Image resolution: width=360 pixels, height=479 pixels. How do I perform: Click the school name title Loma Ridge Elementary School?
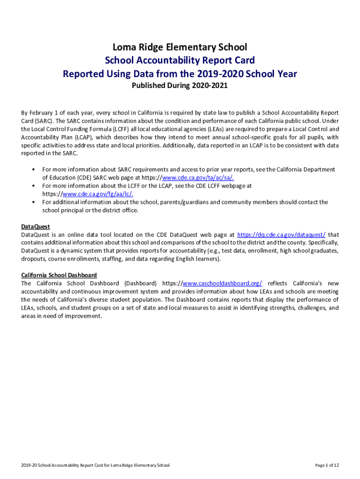click(x=180, y=47)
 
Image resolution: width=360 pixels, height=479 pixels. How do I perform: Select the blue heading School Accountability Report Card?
click(x=180, y=60)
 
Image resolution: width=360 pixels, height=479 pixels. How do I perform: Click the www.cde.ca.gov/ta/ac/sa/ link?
click(x=198, y=177)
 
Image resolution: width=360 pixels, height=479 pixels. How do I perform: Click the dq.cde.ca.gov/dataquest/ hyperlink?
click(x=281, y=234)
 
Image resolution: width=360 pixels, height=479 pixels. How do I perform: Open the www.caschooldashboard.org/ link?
click(x=222, y=283)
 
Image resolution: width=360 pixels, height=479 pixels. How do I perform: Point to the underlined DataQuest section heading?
click(x=36, y=226)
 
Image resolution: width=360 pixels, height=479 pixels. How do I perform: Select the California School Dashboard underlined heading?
click(x=59, y=275)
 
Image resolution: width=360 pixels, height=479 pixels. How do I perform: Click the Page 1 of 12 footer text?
click(x=327, y=465)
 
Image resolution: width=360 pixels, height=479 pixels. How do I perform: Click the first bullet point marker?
click(x=34, y=169)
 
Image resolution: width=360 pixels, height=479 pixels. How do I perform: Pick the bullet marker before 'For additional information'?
click(x=34, y=202)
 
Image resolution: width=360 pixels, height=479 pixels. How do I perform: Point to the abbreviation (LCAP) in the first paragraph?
click(x=82, y=137)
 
